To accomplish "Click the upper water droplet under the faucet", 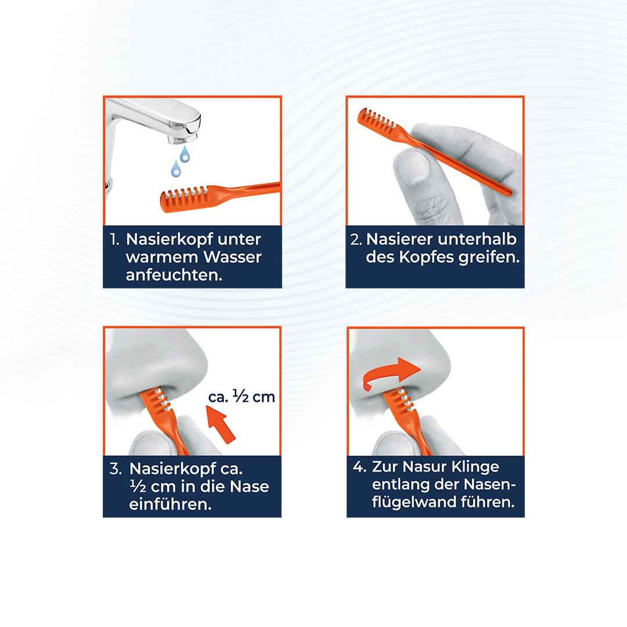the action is [x=185, y=154].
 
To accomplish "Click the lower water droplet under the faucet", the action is [x=175, y=169].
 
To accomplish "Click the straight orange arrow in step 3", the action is [x=221, y=424].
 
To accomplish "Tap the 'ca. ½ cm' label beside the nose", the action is [x=242, y=397].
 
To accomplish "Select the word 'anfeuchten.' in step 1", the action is [x=174, y=275].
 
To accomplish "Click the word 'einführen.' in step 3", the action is [x=170, y=504].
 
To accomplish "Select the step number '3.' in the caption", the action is [x=115, y=469].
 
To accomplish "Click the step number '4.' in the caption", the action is [x=359, y=467].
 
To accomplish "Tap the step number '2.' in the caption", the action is [x=356, y=240].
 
